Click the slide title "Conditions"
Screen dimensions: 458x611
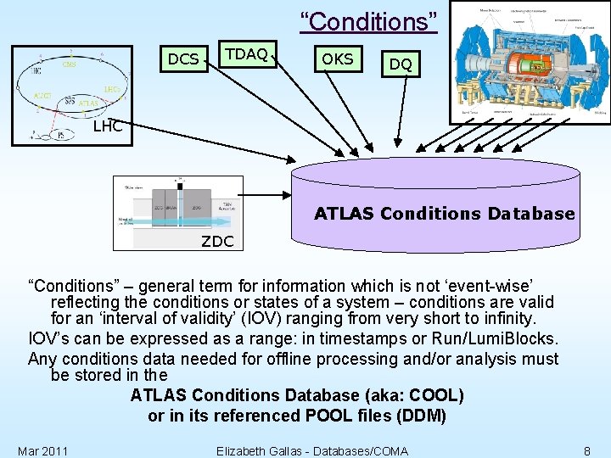click(x=369, y=21)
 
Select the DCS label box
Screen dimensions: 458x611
click(x=183, y=59)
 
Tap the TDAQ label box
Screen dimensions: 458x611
click(x=246, y=54)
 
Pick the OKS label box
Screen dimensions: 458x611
click(x=338, y=59)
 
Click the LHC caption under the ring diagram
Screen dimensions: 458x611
click(x=107, y=126)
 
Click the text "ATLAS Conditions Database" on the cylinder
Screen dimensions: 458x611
click(x=444, y=214)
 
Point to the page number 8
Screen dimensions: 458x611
click(x=587, y=450)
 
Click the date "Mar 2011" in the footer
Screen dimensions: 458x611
click(x=43, y=450)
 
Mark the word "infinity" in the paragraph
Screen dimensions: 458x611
click(x=505, y=319)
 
